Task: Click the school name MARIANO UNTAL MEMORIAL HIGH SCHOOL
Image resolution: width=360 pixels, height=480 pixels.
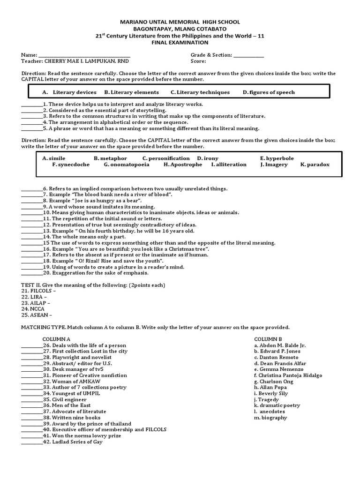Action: coord(180,22)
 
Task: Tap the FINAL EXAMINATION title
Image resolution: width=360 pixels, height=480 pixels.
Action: coord(180,42)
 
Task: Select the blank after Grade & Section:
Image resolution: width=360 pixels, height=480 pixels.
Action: coord(248,55)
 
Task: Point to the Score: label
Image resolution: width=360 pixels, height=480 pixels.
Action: coord(198,61)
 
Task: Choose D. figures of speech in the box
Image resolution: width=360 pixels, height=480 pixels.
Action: coord(269,92)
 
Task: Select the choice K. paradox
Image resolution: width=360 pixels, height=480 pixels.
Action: coord(315,165)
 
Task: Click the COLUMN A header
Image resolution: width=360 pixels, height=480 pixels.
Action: coord(56,339)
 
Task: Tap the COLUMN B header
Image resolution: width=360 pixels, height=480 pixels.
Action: coord(268,339)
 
